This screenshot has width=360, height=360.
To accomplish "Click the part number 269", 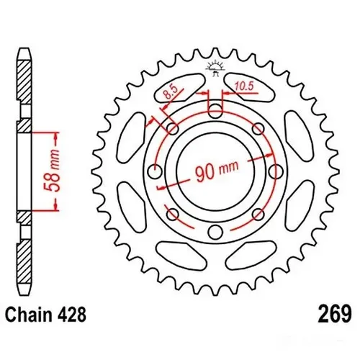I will click(333, 315).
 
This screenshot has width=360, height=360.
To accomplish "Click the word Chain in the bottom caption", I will click(30, 315).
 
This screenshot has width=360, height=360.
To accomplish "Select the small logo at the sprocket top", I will click(215, 68).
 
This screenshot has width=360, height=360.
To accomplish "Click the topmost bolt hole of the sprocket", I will click(215, 110).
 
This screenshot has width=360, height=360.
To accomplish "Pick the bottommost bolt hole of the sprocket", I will click(215, 232).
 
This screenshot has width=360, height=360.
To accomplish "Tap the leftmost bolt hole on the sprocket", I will click(154, 171).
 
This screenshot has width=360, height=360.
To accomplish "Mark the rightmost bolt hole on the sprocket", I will click(276, 171).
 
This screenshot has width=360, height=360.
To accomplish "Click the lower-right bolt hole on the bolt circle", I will click(258, 214).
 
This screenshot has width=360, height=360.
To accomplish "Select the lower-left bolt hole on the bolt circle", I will click(171, 214).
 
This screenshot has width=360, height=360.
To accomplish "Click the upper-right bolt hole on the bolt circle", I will click(258, 128).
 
